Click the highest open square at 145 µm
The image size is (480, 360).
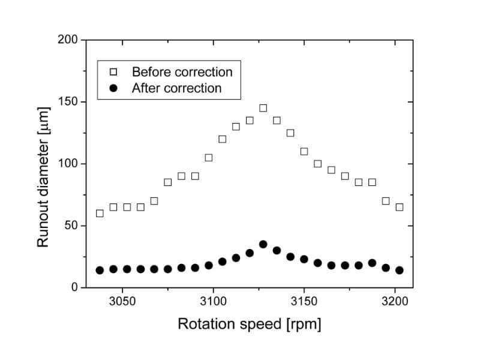(x=263, y=108)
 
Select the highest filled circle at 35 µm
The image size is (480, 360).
(x=263, y=244)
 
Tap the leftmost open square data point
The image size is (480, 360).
(x=100, y=213)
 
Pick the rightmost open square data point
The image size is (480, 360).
(x=399, y=207)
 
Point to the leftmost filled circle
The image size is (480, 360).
(x=100, y=270)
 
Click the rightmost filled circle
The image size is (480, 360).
(x=399, y=270)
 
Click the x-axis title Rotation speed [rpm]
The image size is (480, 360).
(x=249, y=324)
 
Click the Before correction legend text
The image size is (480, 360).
(x=182, y=72)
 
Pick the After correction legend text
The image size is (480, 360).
(x=177, y=88)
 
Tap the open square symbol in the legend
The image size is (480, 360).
(x=114, y=72)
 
